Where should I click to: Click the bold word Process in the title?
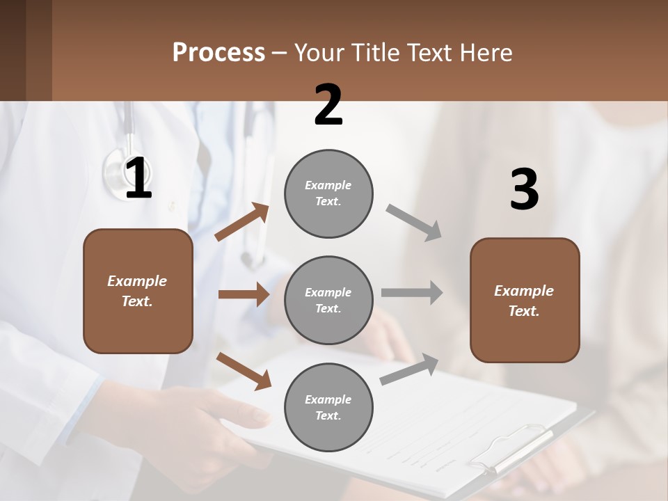(218, 53)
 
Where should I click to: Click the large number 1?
(138, 179)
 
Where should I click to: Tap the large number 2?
(328, 105)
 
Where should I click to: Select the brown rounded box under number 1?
(138, 291)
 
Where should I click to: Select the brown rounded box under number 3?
(525, 300)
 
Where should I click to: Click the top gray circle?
(328, 193)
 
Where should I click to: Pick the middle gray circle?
(328, 300)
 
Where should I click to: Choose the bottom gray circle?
(328, 407)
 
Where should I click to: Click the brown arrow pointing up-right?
(242, 222)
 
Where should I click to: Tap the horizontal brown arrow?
(244, 294)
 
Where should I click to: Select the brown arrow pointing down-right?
(244, 371)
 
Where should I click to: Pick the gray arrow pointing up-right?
(409, 369)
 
